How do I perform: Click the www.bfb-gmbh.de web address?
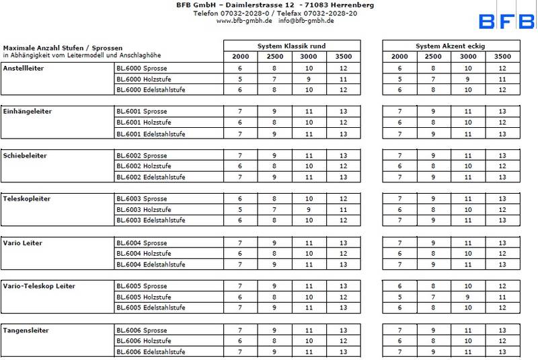[x=244, y=21]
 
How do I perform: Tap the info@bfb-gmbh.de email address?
[x=306, y=21]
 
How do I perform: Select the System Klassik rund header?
[x=291, y=46]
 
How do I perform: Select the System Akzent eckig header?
[x=450, y=46]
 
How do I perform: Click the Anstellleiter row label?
[x=24, y=68]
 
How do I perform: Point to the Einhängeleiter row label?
[x=28, y=112]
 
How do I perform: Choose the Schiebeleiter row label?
[x=26, y=155]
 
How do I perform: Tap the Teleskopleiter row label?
[x=27, y=199]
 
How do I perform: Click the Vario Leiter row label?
[x=22, y=243]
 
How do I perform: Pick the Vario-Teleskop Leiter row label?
[x=39, y=287]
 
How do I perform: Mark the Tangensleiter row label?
[x=26, y=330]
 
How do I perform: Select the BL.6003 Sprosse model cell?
[x=141, y=199]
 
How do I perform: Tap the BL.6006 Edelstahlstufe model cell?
[x=151, y=351]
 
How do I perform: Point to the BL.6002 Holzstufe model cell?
[x=143, y=166]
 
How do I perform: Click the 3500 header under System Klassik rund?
[x=343, y=57]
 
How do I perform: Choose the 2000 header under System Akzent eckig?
[x=399, y=57]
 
